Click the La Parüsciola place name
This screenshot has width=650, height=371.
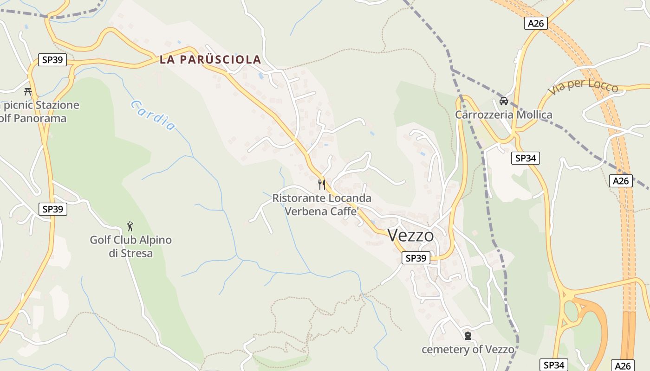pyautogui.click(x=210, y=59)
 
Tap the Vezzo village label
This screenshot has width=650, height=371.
pyautogui.click(x=410, y=236)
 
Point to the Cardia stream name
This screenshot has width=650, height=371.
pyautogui.click(x=153, y=115)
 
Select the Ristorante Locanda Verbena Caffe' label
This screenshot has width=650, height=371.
pyautogui.click(x=322, y=205)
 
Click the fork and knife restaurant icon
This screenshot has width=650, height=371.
pyautogui.click(x=322, y=184)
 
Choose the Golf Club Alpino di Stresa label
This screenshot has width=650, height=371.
pyautogui.click(x=130, y=246)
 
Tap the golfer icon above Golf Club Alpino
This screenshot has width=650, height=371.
pyautogui.click(x=130, y=226)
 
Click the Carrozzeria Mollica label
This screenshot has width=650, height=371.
pyautogui.click(x=503, y=115)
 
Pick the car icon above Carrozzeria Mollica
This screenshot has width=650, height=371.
pyautogui.click(x=503, y=101)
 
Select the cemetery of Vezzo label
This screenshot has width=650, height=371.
pyautogui.click(x=468, y=349)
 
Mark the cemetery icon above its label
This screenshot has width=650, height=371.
pyautogui.click(x=468, y=335)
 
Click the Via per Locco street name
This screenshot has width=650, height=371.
pyautogui.click(x=583, y=87)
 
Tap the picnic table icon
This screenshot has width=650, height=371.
pyautogui.click(x=28, y=91)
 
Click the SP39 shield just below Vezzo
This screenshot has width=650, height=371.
pyautogui.click(x=416, y=258)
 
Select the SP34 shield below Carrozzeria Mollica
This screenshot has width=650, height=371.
pyautogui.click(x=526, y=158)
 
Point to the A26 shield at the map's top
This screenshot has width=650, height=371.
pyautogui.click(x=536, y=23)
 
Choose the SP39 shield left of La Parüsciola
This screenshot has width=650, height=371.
pyautogui.click(x=52, y=59)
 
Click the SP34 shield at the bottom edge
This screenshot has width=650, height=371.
pyautogui.click(x=553, y=365)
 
